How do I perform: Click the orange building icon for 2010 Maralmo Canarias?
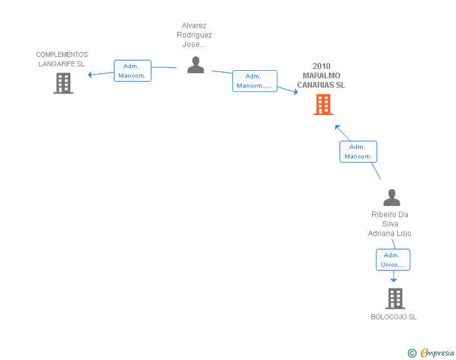(323, 105)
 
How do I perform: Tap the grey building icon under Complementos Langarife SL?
(63, 83)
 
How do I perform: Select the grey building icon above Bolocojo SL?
(395, 299)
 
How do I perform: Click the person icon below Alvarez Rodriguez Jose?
(195, 65)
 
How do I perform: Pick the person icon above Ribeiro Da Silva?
(391, 197)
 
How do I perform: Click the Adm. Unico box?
(393, 260)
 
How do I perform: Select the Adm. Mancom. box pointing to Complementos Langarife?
(133, 71)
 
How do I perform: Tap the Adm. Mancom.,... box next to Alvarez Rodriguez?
(255, 81)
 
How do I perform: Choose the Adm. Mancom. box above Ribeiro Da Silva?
(358, 152)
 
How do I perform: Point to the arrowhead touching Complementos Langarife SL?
(90, 75)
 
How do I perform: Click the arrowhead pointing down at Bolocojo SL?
(393, 280)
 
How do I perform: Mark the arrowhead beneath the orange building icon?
(338, 127)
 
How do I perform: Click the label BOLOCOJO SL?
(393, 317)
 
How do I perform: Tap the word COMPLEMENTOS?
(62, 54)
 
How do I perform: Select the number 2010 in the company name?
(321, 66)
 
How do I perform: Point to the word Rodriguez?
(194, 35)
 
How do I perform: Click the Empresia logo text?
(437, 352)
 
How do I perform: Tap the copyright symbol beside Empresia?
(412, 353)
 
